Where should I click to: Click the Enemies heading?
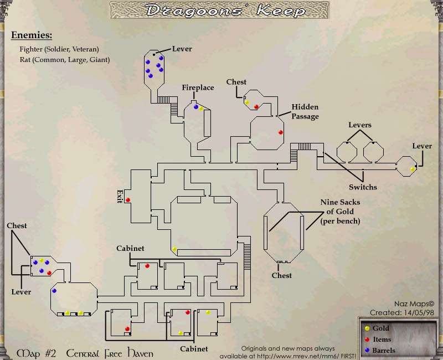pos(32,35)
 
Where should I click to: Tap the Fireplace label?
pos(198,88)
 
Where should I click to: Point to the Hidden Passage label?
pos(305,111)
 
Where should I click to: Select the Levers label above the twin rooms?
pos(359,125)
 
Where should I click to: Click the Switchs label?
pos(363,187)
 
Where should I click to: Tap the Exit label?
pos(119,196)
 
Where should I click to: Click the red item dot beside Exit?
pos(128,200)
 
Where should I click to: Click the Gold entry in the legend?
pos(381,328)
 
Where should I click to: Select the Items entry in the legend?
pos(382,340)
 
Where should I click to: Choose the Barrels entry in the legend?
pos(384,350)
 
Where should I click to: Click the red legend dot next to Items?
pos(367,340)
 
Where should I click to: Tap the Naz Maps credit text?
pos(414,304)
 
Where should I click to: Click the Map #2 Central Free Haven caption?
pos(85,353)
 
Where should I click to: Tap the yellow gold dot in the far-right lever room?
pos(412,169)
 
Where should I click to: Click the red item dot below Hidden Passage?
pos(280,132)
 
